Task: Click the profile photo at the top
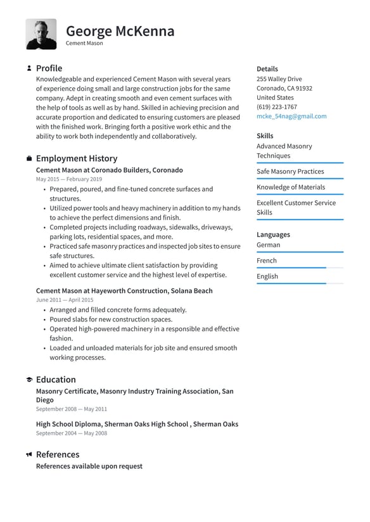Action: [x=41, y=34]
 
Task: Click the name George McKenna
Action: [x=120, y=30]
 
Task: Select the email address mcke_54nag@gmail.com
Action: [x=291, y=116]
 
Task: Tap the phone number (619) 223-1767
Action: [x=276, y=107]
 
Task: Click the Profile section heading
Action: [x=49, y=68]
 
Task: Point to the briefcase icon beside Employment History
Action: [x=29, y=159]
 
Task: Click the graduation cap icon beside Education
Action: [x=29, y=380]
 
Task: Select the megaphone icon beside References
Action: [x=29, y=455]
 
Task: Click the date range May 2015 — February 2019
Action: [x=69, y=180]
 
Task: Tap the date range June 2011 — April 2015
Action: [x=65, y=300]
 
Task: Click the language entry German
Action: [x=268, y=245]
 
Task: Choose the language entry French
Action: [x=267, y=261]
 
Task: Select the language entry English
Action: [x=267, y=277]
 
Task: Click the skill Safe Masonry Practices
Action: [x=290, y=171]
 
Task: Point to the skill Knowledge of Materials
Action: [x=291, y=187]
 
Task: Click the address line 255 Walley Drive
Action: [x=279, y=79]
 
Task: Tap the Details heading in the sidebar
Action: [x=267, y=69]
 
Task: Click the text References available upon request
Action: [x=89, y=466]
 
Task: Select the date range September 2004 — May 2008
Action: [x=72, y=433]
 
